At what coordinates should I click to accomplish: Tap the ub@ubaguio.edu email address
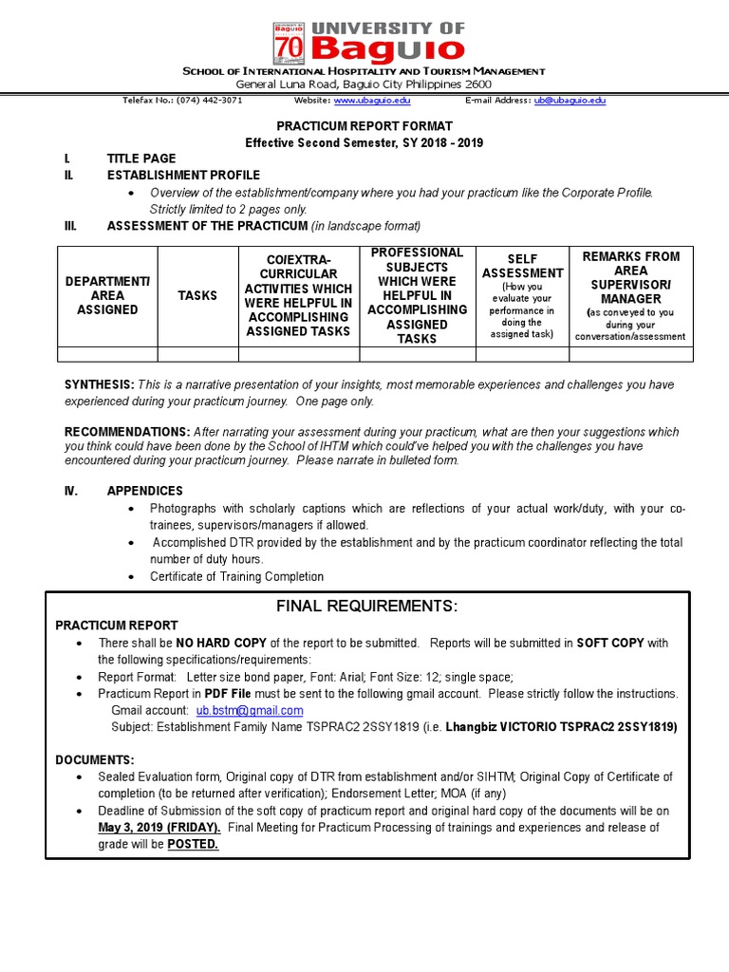570,101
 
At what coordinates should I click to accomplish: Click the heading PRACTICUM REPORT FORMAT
364,126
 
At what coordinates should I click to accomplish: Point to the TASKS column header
197,296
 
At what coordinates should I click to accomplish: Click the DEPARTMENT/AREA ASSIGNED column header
107,296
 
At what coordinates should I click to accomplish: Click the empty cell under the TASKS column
197,354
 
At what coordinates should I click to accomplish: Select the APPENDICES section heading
144,492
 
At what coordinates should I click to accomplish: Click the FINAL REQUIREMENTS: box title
366,607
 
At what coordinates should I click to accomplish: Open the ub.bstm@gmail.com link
250,710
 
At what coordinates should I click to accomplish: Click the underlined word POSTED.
193,844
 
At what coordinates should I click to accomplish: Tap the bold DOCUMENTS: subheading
95,760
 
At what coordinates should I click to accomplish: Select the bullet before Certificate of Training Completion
131,577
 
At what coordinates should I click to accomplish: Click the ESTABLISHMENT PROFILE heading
183,176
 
